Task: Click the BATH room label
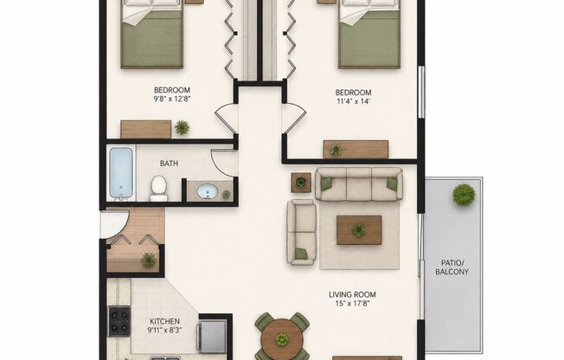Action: pyautogui.click(x=169, y=164)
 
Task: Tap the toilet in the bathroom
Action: pyautogui.click(x=158, y=188)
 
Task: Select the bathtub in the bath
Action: pyautogui.click(x=121, y=173)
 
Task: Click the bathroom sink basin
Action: pyautogui.click(x=208, y=191)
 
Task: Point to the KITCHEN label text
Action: pyautogui.click(x=164, y=321)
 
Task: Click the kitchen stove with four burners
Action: pyautogui.click(x=119, y=321)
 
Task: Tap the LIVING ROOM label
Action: pyautogui.click(x=352, y=295)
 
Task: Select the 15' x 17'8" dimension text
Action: pyautogui.click(x=352, y=304)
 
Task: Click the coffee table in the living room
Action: pyautogui.click(x=359, y=230)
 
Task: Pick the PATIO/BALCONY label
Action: pyautogui.click(x=452, y=267)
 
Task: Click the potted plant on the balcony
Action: pyautogui.click(x=464, y=195)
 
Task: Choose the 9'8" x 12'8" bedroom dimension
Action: pyautogui.click(x=171, y=99)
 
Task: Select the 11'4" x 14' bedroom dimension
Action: pyautogui.click(x=353, y=101)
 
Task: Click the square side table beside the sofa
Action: pyautogui.click(x=301, y=183)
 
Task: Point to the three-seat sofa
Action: pyautogui.click(x=359, y=184)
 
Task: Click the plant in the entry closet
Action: pyautogui.click(x=148, y=260)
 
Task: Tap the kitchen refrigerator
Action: pyautogui.click(x=213, y=334)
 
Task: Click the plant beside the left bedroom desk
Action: pyautogui.click(x=182, y=127)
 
